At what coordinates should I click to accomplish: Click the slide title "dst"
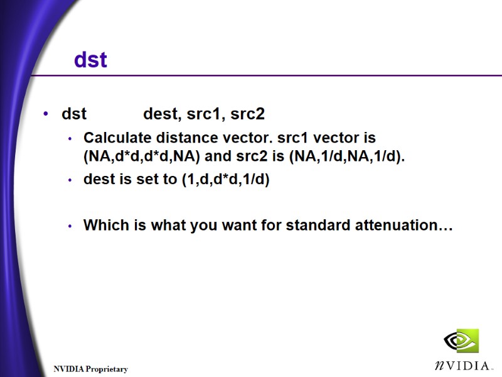[90, 60]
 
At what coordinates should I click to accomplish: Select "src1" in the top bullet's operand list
[205, 114]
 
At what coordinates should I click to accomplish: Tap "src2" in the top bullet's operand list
[247, 114]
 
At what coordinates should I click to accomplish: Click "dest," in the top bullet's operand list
[161, 114]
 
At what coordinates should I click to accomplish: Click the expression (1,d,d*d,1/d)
[225, 180]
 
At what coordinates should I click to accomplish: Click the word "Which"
[103, 225]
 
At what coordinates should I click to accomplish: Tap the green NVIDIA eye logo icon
[461, 341]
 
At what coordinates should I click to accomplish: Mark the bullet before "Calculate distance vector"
[70, 138]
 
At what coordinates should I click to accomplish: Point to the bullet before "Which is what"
[70, 226]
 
